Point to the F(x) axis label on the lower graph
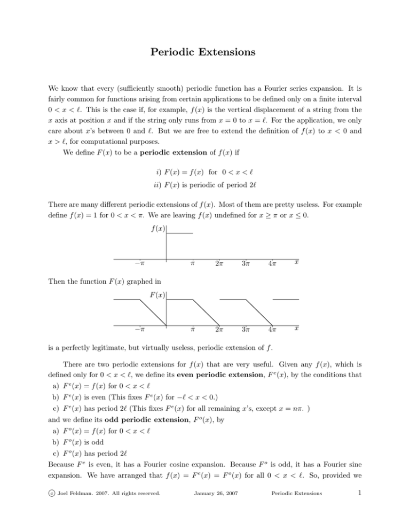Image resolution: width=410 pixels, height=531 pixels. click(x=157, y=294)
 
